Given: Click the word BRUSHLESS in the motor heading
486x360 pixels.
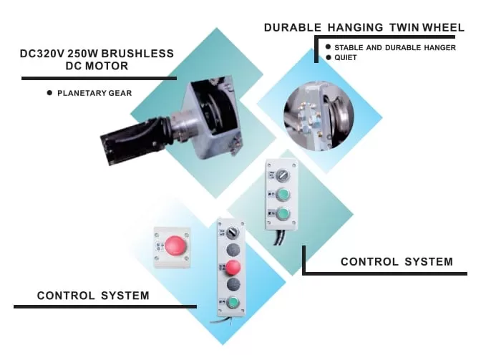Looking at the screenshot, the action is point(137,54).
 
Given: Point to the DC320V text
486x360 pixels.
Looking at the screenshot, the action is point(42,54).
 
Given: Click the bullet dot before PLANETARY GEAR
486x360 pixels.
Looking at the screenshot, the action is point(49,92).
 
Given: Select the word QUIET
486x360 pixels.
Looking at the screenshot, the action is point(346,58).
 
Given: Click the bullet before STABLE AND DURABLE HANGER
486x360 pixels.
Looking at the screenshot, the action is point(329,47).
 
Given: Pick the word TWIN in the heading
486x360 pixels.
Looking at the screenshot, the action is point(404,28).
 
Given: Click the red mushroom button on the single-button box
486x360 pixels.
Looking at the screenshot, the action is point(175,245).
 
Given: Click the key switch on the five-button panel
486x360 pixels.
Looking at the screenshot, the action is point(233,232).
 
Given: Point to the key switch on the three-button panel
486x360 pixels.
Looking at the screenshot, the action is point(282,175).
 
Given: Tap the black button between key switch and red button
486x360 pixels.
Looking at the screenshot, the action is point(233,250).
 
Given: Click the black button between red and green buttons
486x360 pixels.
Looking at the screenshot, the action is point(233,284).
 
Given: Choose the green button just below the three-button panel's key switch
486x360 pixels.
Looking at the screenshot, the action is point(282,195).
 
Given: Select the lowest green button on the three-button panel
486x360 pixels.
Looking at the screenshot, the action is point(282,214).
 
